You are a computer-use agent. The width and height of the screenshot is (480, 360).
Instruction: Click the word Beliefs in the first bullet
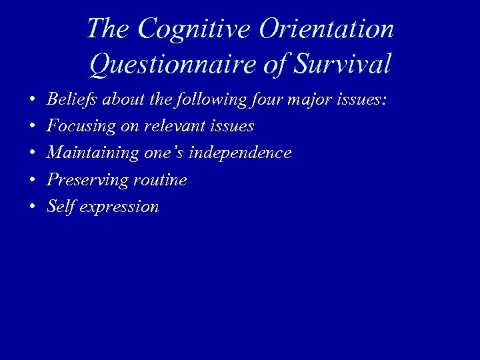point(70,99)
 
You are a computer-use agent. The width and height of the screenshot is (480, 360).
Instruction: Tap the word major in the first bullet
point(310,100)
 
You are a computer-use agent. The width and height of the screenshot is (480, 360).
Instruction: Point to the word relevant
point(177,127)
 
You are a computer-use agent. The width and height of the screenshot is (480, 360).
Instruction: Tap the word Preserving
point(81,180)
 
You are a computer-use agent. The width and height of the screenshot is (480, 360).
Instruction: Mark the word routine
point(160,180)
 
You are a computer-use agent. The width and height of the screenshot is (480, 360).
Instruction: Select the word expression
point(119,207)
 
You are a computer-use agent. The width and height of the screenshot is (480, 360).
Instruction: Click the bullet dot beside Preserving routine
point(32,181)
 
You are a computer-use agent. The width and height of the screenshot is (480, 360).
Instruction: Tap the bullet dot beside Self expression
point(32,207)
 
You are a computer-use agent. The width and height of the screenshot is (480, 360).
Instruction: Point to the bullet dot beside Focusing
point(32,127)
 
